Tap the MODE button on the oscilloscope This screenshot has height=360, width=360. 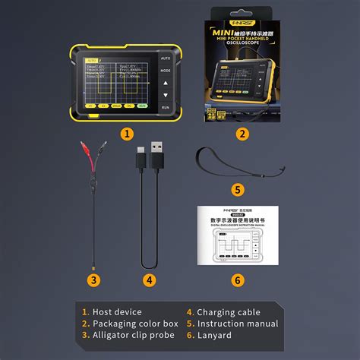point(166,71)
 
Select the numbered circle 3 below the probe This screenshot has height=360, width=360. point(93,279)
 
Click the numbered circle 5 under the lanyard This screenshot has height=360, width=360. point(238,190)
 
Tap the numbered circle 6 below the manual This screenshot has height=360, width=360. point(238,279)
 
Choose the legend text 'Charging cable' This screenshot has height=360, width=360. point(227,311)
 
